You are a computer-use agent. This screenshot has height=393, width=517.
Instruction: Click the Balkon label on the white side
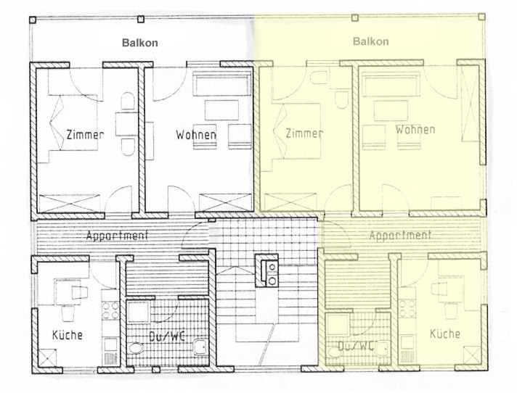(x=140, y=43)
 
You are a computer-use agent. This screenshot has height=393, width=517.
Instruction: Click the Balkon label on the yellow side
(x=370, y=41)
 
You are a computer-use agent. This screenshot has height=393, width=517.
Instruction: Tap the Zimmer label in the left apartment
(x=85, y=135)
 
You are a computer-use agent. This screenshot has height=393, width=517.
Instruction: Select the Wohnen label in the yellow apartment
(x=415, y=129)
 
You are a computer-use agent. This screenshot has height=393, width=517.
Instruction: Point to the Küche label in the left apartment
(x=68, y=335)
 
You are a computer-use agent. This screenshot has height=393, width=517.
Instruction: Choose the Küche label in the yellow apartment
(x=445, y=334)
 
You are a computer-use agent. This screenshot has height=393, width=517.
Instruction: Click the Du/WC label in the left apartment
(x=166, y=336)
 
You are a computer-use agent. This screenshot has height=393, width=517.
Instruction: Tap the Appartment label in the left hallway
(x=117, y=236)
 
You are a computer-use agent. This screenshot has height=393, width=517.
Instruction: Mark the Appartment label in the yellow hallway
(x=400, y=235)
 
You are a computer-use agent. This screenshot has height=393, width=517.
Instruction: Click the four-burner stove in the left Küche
(x=110, y=311)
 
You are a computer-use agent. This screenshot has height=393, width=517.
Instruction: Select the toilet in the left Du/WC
(x=136, y=348)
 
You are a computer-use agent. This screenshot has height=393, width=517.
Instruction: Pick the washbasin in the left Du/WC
(x=200, y=347)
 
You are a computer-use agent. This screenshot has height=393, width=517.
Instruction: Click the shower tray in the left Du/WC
(x=139, y=312)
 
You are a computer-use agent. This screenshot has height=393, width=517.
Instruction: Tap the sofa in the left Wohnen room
(x=221, y=85)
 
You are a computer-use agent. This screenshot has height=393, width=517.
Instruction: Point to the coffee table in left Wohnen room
(x=221, y=110)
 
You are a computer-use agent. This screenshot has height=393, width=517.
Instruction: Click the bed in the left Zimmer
(x=73, y=123)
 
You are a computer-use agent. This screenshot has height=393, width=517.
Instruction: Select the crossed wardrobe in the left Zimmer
(x=70, y=204)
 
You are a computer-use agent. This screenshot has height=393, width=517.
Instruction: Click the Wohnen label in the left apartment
(x=196, y=135)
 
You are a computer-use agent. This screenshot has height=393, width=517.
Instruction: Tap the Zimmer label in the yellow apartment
(x=304, y=133)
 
